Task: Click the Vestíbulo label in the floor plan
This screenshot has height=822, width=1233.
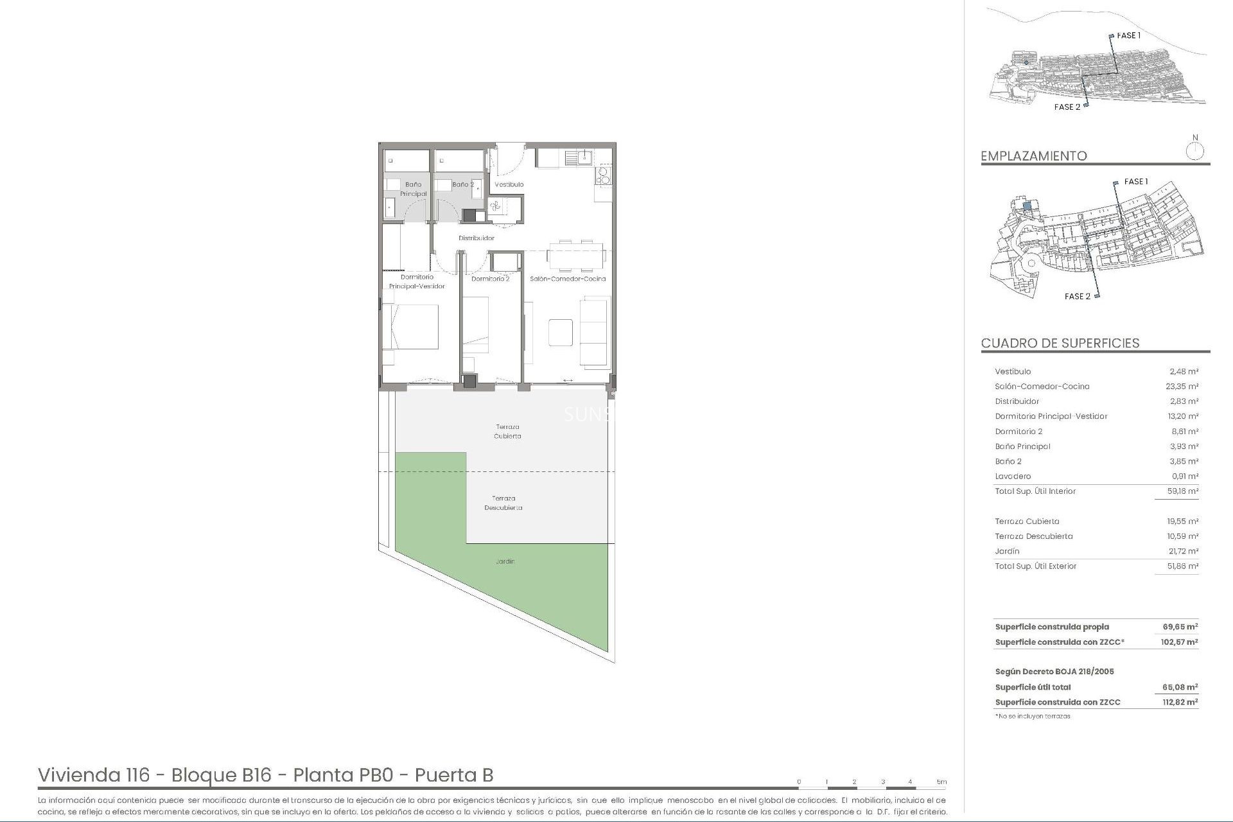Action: click(x=509, y=184)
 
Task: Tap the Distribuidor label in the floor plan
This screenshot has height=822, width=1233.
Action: click(x=477, y=238)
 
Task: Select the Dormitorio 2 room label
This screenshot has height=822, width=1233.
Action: click(x=490, y=279)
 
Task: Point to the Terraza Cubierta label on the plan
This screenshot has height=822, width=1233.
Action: click(x=507, y=431)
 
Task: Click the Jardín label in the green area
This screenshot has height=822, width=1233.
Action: click(x=505, y=561)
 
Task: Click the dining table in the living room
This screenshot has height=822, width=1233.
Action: click(x=576, y=255)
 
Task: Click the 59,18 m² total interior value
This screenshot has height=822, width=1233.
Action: click(x=1183, y=491)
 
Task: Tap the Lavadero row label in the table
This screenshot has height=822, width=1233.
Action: click(x=1013, y=477)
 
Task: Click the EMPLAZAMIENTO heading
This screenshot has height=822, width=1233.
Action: click(x=1033, y=156)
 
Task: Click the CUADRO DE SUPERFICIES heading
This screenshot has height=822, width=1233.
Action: click(x=1060, y=343)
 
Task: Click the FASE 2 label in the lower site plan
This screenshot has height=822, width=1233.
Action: click(x=1077, y=296)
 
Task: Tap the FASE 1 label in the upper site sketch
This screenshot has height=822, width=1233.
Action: click(x=1128, y=35)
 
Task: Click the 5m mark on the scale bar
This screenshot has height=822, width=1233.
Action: click(x=941, y=782)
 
